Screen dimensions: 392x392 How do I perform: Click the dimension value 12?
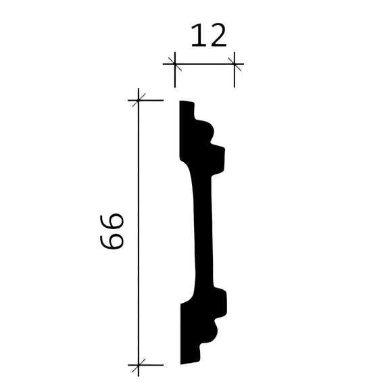pyautogui.click(x=207, y=36)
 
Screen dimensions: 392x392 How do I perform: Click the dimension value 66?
pyautogui.click(x=114, y=231)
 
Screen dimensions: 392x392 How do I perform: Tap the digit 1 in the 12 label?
pyautogui.click(x=197, y=36)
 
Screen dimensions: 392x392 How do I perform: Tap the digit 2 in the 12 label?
pyautogui.click(x=218, y=36)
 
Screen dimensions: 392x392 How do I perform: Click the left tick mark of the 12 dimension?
pyautogui.click(x=174, y=65)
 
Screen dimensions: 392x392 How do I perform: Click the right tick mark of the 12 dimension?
pyautogui.click(x=235, y=65)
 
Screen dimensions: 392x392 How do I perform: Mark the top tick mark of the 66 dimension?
pyautogui.click(x=138, y=101)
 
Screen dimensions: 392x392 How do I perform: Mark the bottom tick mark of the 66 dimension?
pyautogui.click(x=138, y=365)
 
